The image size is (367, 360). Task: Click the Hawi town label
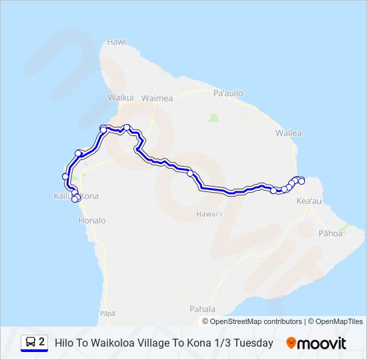point(116,41)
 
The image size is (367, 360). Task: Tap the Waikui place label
point(121,97)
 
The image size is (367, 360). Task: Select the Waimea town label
point(157,98)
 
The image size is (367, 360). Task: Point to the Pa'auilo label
point(227,93)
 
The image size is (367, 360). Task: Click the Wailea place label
point(288,133)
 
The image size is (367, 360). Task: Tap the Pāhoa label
point(330,233)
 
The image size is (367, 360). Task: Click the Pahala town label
point(202,309)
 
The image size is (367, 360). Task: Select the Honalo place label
point(92,220)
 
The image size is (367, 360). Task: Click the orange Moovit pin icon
point(292,343)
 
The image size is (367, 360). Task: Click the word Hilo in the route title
point(65,343)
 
